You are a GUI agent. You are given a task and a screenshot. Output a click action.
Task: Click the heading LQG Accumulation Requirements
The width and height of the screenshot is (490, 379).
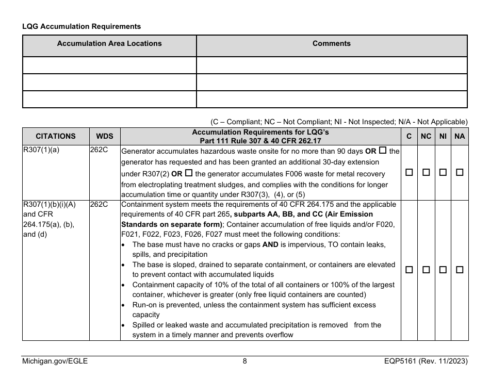tap(81, 26)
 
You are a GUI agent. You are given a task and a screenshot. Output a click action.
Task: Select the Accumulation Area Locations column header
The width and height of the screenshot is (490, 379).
tap(109, 44)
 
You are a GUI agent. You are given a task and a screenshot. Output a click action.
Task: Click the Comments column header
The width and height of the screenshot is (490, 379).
tap(332, 44)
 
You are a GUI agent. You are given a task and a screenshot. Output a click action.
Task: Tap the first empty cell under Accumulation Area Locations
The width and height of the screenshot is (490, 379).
tap(109, 65)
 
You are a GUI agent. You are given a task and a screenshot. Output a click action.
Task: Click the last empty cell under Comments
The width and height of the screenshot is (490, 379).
tap(332, 99)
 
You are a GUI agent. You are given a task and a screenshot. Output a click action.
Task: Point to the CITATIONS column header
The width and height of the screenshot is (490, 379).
tap(56, 137)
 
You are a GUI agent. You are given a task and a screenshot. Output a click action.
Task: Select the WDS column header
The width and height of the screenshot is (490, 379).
tap(105, 137)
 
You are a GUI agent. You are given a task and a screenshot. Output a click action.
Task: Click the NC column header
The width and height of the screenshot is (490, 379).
tap(426, 137)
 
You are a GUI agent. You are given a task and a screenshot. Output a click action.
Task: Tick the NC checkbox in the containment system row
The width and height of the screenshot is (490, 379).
tap(426, 270)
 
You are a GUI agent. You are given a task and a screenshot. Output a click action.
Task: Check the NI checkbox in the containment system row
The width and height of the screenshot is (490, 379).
tap(443, 270)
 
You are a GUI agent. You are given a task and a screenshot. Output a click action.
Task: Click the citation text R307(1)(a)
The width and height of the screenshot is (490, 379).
tap(41, 151)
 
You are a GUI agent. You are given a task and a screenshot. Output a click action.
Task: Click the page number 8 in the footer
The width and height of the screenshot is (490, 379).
tap(245, 361)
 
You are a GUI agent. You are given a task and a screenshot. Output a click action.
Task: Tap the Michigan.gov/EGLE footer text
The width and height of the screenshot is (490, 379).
tap(55, 361)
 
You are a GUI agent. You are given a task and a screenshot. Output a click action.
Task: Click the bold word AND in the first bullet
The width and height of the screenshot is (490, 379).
tap(270, 244)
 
